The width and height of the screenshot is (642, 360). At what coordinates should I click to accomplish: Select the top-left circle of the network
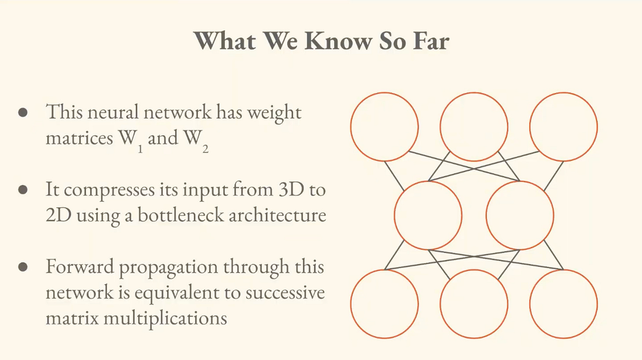click(384, 127)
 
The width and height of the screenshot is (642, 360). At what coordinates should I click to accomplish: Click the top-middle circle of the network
click(474, 127)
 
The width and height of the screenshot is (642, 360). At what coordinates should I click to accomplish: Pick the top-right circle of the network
click(564, 127)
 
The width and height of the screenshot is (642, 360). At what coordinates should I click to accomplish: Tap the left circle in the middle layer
click(428, 215)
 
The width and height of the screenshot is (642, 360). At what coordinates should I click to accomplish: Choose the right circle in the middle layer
click(520, 215)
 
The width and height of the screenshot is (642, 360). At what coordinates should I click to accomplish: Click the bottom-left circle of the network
click(384, 304)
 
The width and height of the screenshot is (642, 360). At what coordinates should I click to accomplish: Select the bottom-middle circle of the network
click(474, 304)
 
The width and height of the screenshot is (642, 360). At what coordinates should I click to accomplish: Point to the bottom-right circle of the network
click(564, 304)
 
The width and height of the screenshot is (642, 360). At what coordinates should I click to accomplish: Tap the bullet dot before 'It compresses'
click(23, 190)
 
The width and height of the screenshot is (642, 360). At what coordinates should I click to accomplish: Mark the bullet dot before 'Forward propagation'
click(23, 267)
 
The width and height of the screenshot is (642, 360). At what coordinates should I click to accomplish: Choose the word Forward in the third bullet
click(79, 267)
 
